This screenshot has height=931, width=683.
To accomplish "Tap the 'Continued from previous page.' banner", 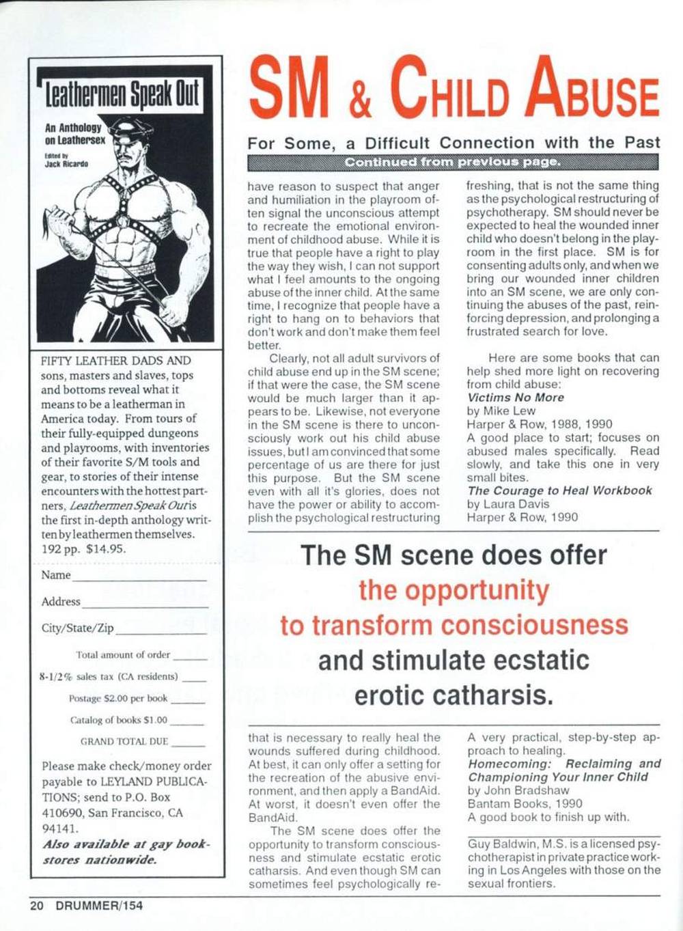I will point(453,163).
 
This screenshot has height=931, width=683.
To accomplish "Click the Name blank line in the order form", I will point(139,579).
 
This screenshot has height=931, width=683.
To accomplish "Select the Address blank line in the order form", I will point(144,605).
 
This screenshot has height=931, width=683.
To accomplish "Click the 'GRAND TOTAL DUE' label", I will point(124,741).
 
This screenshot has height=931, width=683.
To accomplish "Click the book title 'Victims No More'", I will point(516,398).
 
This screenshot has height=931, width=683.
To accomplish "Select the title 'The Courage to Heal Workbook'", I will point(559,490).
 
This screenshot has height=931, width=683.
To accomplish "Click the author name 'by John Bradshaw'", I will point(518,790).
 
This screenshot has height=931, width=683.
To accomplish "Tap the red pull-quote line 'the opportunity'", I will point(454,590).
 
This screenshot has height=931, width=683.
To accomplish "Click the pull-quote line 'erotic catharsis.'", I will point(454,695).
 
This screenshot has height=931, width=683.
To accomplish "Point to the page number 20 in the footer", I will point(36,906).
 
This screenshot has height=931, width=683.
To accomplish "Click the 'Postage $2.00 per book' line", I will point(118,698).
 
